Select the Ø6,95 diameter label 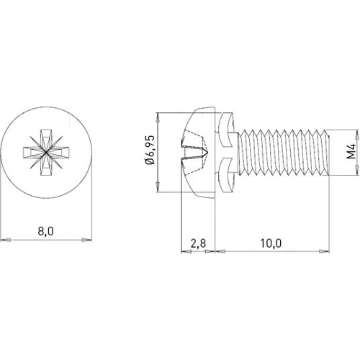(149, 152)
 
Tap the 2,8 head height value (199, 243)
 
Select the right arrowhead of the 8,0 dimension (86, 238)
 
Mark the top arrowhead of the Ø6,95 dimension (157, 117)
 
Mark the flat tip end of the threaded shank (328, 152)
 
